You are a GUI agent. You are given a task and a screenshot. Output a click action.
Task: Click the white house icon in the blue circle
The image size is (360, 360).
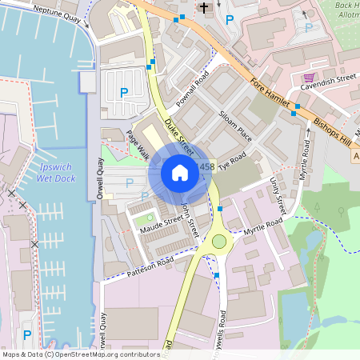(x=179, y=173)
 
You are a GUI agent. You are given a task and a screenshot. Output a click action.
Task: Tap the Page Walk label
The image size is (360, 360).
(x=138, y=145)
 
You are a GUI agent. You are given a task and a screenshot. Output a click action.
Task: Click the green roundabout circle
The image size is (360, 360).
(x=219, y=241)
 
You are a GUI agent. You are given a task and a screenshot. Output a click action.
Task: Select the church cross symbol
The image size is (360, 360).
(x=203, y=8)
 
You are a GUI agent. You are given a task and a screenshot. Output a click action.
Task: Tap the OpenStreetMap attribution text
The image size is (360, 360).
(x=80, y=354)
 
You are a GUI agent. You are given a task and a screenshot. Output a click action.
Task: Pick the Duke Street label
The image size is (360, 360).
(x=178, y=136)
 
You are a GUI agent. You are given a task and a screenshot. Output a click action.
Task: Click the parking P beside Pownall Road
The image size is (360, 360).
(x=123, y=93)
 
